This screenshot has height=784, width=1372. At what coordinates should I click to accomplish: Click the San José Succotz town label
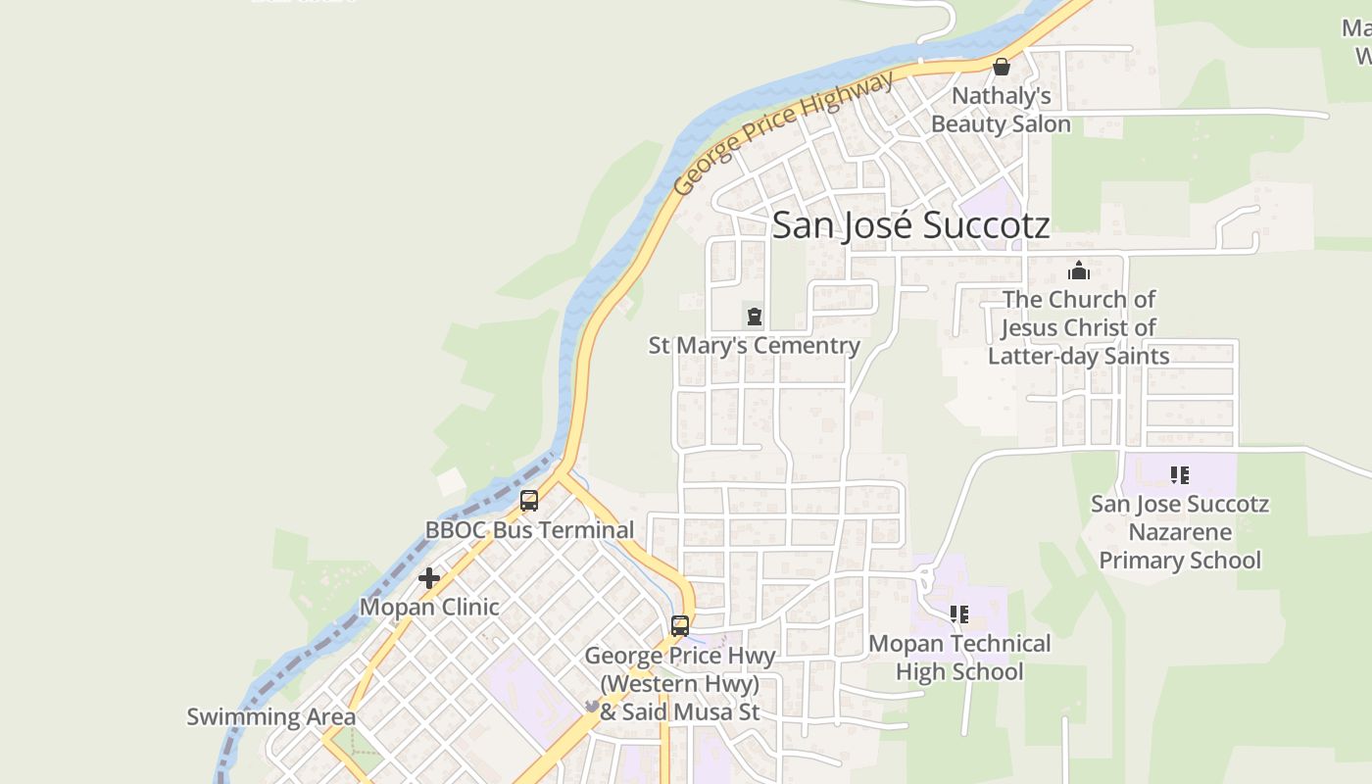910,225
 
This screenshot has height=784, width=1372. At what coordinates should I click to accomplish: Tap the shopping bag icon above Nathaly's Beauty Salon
1001,67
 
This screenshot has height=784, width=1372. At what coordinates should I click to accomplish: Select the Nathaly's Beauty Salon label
1001,110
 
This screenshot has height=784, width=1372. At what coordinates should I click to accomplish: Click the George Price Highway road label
783,132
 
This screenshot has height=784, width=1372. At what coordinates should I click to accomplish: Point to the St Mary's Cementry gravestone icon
754,317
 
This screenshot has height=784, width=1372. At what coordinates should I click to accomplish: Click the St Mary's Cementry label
754,346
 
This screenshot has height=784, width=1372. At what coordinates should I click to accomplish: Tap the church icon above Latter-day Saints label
1078,270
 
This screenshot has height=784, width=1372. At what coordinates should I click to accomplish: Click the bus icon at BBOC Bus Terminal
529,501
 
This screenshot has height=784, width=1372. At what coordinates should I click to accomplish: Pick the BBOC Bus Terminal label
529,530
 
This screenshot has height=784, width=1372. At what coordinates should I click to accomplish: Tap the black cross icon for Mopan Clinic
428,578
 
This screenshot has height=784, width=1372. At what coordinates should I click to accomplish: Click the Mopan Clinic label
429,607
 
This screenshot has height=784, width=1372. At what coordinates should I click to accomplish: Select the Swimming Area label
270,716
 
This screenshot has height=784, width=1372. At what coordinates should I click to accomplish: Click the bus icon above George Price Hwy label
679,625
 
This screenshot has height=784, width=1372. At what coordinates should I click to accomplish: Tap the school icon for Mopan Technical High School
958,614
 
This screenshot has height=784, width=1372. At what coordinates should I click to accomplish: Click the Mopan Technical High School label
959,658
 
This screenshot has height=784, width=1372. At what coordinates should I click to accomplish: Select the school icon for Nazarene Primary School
1179,475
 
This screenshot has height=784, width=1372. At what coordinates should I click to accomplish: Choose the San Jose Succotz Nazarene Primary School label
1179,532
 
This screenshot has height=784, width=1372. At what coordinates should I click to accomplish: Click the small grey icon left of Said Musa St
592,706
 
